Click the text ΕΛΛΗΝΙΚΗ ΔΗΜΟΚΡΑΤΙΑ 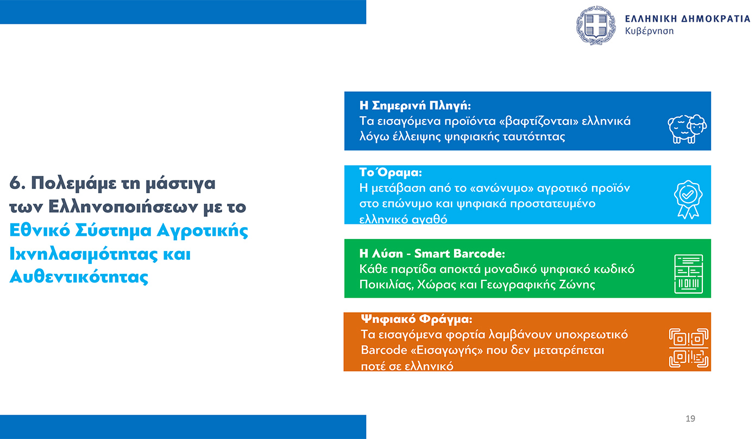point(687,18)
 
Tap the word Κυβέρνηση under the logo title point(649,31)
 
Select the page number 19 point(690,418)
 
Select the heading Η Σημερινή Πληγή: point(415,105)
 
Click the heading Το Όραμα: point(390,173)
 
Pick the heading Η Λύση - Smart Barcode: point(432,254)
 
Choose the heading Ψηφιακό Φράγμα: point(417,318)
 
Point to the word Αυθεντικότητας point(79,277)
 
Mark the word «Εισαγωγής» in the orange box point(441,350)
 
